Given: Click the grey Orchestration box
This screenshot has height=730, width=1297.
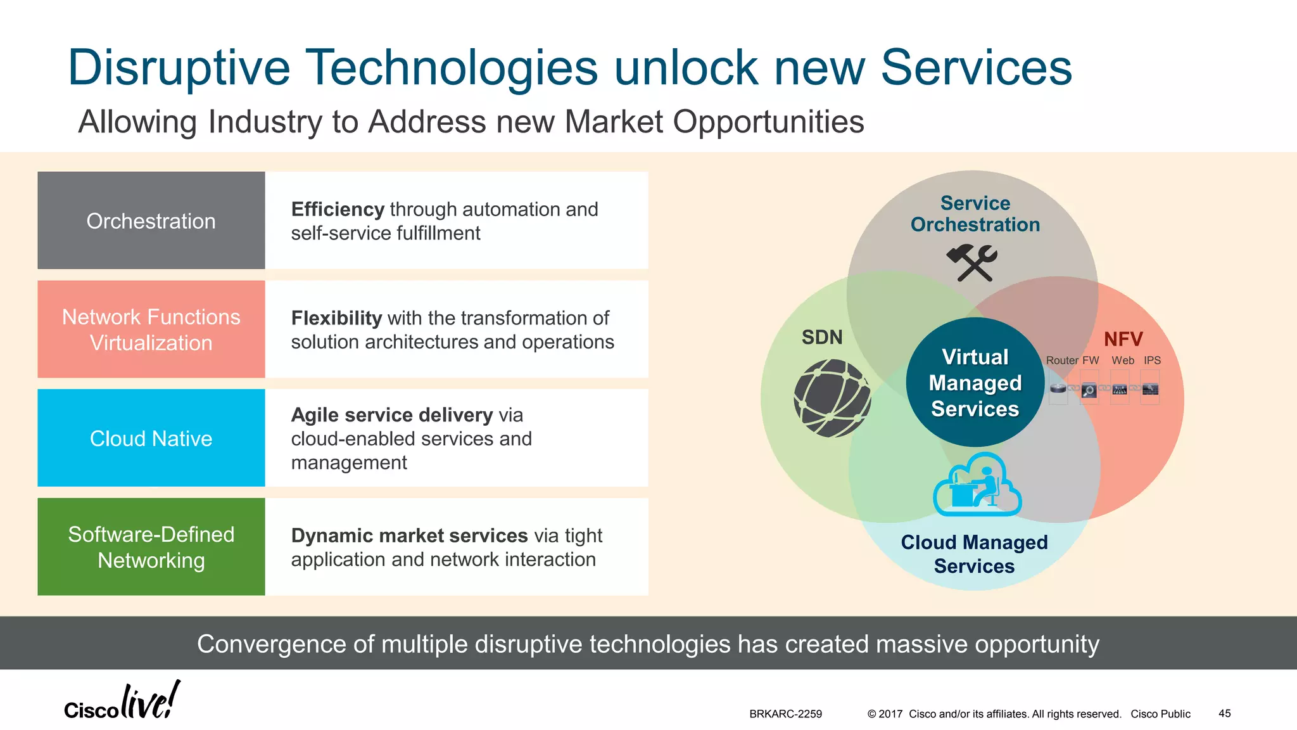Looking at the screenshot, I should (151, 221).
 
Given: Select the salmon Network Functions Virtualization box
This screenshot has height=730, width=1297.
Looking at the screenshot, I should (151, 330).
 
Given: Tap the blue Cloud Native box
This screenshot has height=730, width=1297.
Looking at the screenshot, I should (151, 438).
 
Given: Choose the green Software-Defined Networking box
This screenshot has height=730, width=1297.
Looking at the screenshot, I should (151, 547).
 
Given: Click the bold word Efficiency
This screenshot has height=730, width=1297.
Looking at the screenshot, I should (338, 209).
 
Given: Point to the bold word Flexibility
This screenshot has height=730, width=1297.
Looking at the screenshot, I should (336, 317).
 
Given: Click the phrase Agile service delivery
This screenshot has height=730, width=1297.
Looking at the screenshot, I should (391, 415).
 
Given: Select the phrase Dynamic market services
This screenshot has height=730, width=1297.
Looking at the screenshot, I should (409, 535).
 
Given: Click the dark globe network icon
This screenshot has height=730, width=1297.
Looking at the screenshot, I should (832, 398).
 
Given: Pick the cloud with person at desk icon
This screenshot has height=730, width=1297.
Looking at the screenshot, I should (977, 485).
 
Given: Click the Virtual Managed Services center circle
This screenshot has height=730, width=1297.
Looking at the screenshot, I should (975, 383).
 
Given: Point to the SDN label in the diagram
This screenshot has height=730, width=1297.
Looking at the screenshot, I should (822, 337).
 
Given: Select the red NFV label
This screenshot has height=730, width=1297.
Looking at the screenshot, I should (1123, 339).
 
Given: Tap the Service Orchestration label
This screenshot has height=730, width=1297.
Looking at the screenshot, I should (975, 214).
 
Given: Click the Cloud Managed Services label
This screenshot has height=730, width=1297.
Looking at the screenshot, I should (974, 554).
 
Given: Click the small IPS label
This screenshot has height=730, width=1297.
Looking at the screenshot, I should (1152, 360).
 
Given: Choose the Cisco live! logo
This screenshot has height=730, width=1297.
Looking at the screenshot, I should (122, 701).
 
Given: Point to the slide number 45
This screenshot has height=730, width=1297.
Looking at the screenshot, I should (1224, 714).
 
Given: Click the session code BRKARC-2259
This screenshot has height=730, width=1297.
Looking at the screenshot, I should (785, 714).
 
